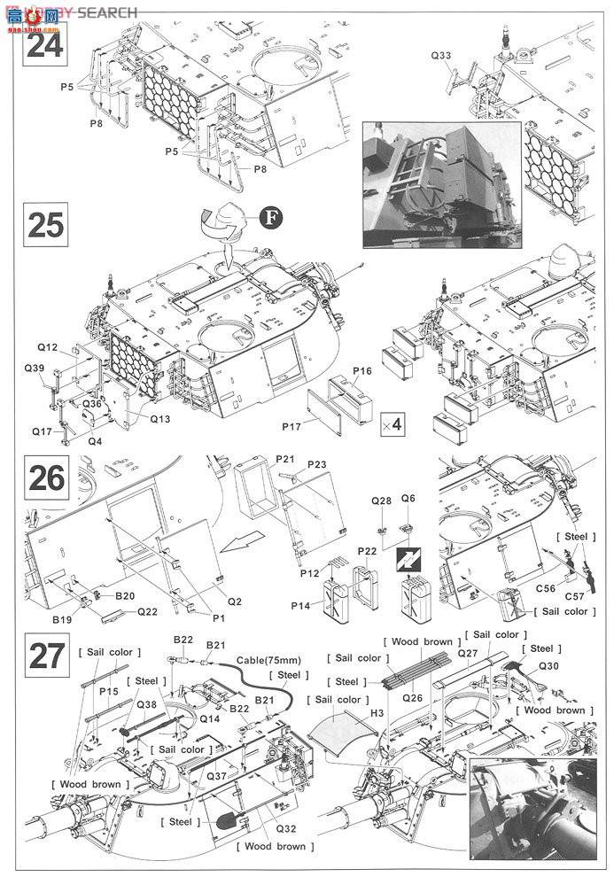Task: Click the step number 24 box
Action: (45, 43)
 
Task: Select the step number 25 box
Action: (45, 226)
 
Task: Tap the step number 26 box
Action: (45, 478)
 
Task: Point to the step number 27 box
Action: (45, 657)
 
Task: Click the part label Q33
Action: (440, 56)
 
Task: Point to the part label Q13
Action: (160, 419)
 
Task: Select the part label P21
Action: (284, 458)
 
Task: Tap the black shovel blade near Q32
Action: (225, 822)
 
